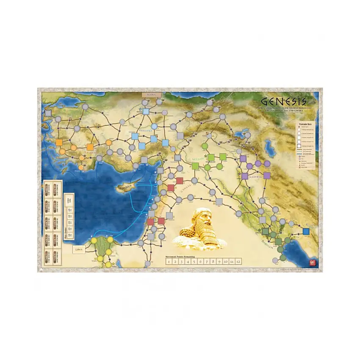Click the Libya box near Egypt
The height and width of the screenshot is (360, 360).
click(78, 249)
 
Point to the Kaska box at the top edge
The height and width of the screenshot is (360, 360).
click(152, 94)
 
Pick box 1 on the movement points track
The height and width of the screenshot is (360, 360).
click(169, 262)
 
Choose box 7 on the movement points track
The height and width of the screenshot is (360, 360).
click(206, 262)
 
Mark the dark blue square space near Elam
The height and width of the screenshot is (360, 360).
click(306, 231)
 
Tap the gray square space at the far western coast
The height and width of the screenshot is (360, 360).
click(48, 114)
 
